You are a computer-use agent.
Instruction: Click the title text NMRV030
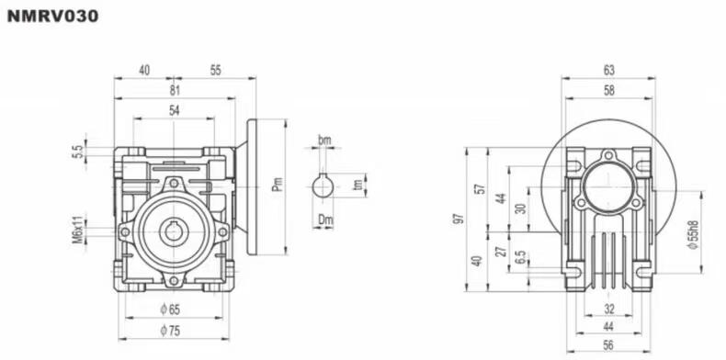click(52, 17)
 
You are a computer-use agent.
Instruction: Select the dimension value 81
click(174, 90)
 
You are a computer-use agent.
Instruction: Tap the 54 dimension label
click(174, 110)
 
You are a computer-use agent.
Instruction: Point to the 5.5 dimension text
click(77, 152)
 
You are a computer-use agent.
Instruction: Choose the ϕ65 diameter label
click(170, 309)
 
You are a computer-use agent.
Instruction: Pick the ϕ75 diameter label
click(170, 331)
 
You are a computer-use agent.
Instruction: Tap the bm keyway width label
click(324, 140)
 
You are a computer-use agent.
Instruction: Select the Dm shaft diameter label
click(325, 219)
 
